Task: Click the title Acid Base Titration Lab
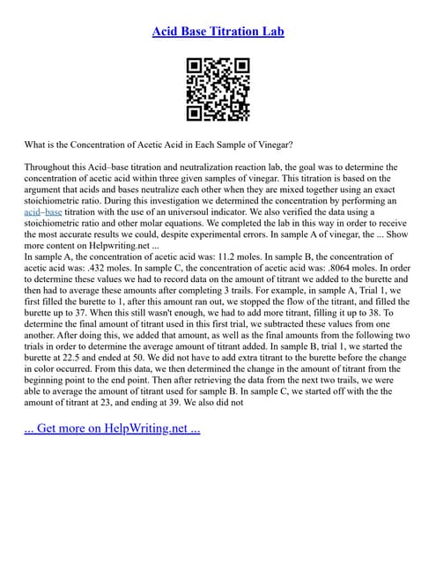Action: tap(218, 32)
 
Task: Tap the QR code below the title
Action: tap(218, 88)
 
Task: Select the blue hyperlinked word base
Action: tap(54, 212)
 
